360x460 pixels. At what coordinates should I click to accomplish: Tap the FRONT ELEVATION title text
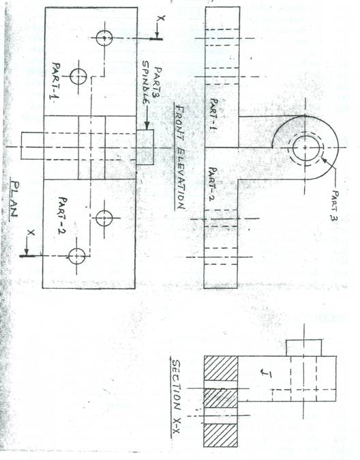179,156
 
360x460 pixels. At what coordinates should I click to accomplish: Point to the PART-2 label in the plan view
62,216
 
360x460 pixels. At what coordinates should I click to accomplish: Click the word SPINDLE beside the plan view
147,82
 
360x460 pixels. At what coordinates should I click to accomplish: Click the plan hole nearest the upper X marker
104,38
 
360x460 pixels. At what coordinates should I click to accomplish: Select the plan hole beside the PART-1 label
78,76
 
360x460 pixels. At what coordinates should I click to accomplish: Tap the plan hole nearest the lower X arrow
77,256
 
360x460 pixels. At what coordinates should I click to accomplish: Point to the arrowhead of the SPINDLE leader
147,126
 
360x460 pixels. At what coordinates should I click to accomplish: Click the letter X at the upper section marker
161,18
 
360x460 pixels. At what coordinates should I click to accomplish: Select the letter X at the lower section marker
31,233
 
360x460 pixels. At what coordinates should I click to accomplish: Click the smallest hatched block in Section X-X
220,398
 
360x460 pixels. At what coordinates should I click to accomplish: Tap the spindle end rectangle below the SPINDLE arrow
145,147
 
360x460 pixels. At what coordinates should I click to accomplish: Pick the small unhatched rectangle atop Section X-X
303,348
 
